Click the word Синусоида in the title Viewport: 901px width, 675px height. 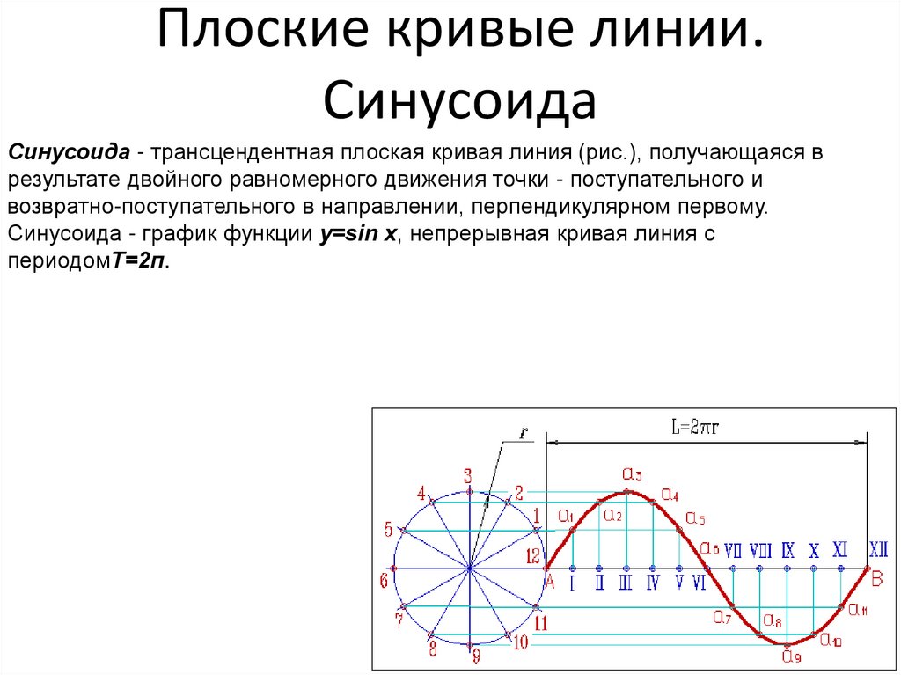coord(460,101)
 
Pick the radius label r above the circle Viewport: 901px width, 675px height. coord(524,434)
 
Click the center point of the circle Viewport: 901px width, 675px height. coord(470,569)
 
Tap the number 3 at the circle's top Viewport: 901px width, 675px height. coord(468,475)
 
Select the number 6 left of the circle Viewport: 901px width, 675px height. coord(384,581)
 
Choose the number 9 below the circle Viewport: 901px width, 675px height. coord(476,656)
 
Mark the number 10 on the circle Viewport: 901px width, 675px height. coord(519,642)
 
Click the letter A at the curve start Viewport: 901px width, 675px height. coord(549,582)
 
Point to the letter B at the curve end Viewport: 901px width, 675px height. coord(876,579)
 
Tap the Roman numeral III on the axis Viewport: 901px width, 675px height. coord(626,582)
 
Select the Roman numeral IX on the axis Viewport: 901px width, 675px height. coord(787,551)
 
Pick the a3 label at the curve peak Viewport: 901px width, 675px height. coord(632,473)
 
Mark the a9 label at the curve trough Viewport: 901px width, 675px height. coord(790,656)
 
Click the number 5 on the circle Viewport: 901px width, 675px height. coord(388,529)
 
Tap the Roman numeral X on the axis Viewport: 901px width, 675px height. coord(814,552)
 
